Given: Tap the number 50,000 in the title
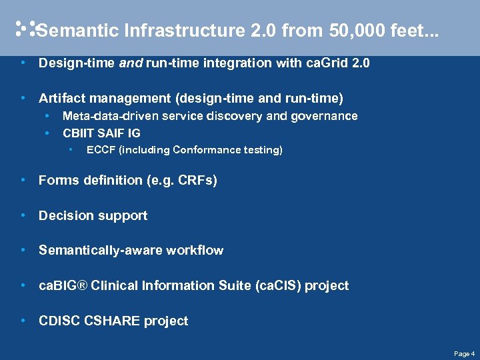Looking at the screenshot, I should [x=308, y=31].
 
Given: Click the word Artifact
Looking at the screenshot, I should [x=59, y=99].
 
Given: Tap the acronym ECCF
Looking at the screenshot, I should [x=101, y=150].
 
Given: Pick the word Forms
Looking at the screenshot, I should [x=56, y=180].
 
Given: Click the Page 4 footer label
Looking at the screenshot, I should [x=464, y=353].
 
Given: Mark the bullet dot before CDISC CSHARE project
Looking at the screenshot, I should [x=23, y=321].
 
